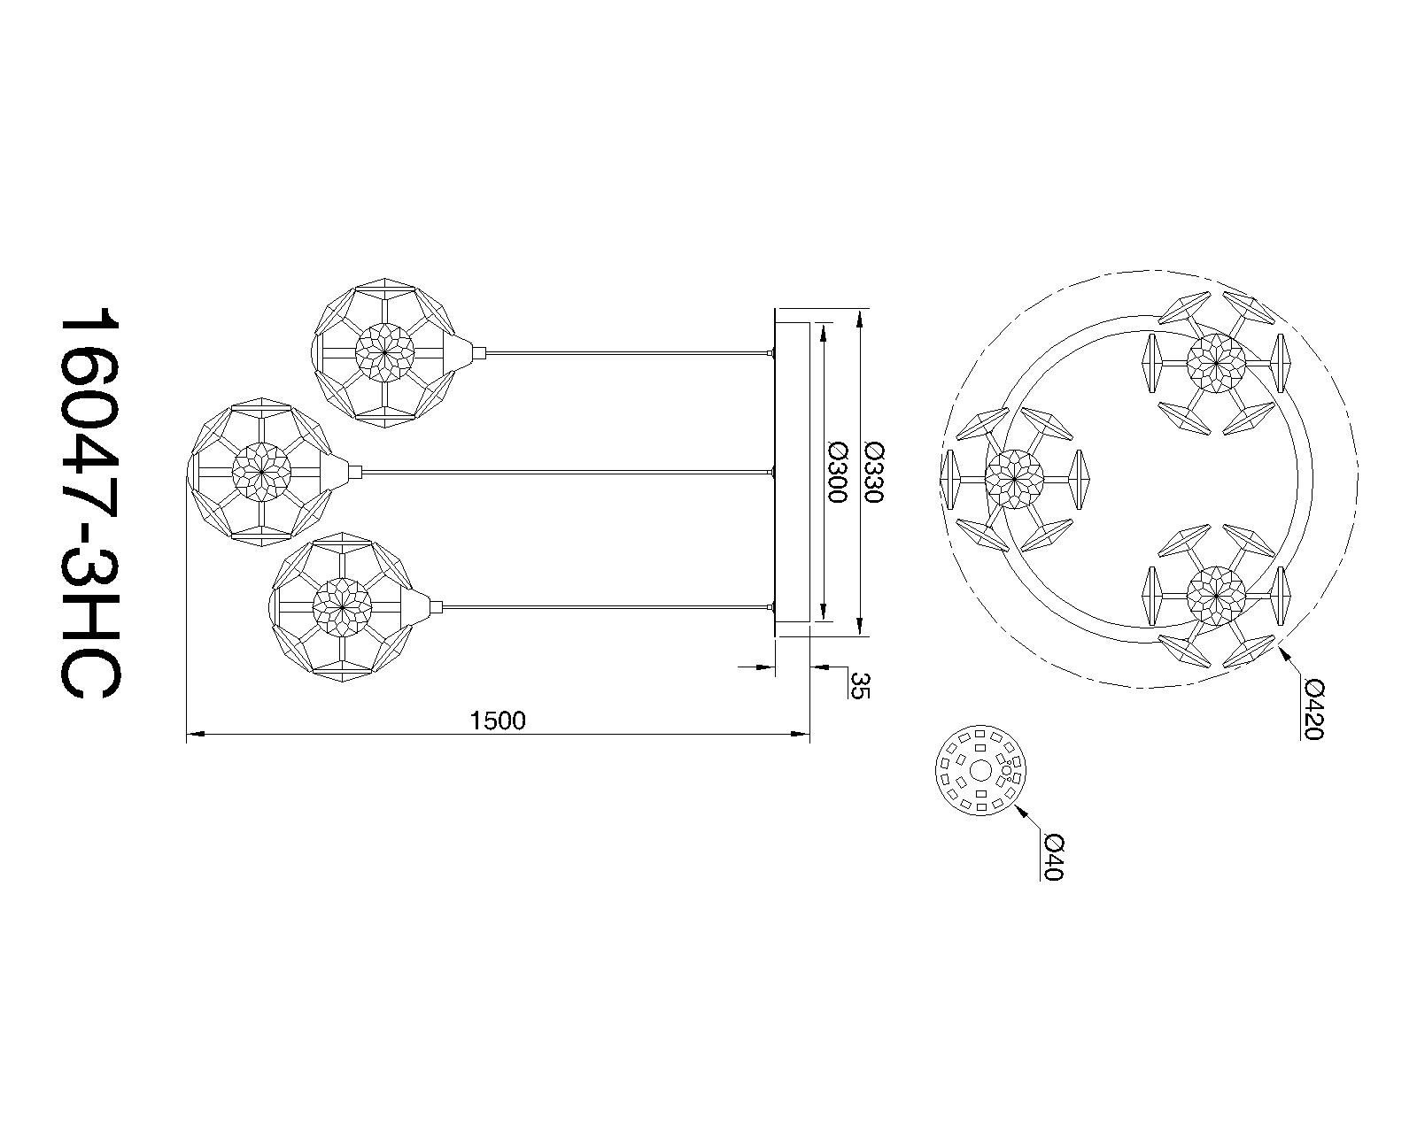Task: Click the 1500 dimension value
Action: coord(499,721)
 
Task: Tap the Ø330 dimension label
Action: coord(873,473)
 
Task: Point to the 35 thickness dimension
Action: coord(861,685)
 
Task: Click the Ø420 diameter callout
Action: coord(1314,710)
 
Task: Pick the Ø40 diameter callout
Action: coord(1054,857)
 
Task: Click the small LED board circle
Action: coord(981,770)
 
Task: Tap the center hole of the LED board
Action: coord(981,770)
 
